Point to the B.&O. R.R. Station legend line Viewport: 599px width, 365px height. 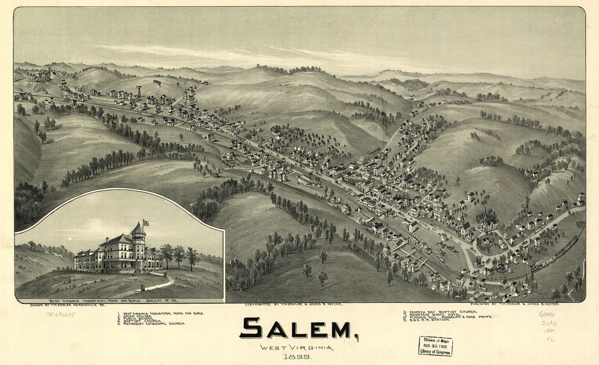point(430,320)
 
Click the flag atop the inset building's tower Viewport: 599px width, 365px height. point(145,223)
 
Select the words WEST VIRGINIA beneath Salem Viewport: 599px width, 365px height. point(296,348)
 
